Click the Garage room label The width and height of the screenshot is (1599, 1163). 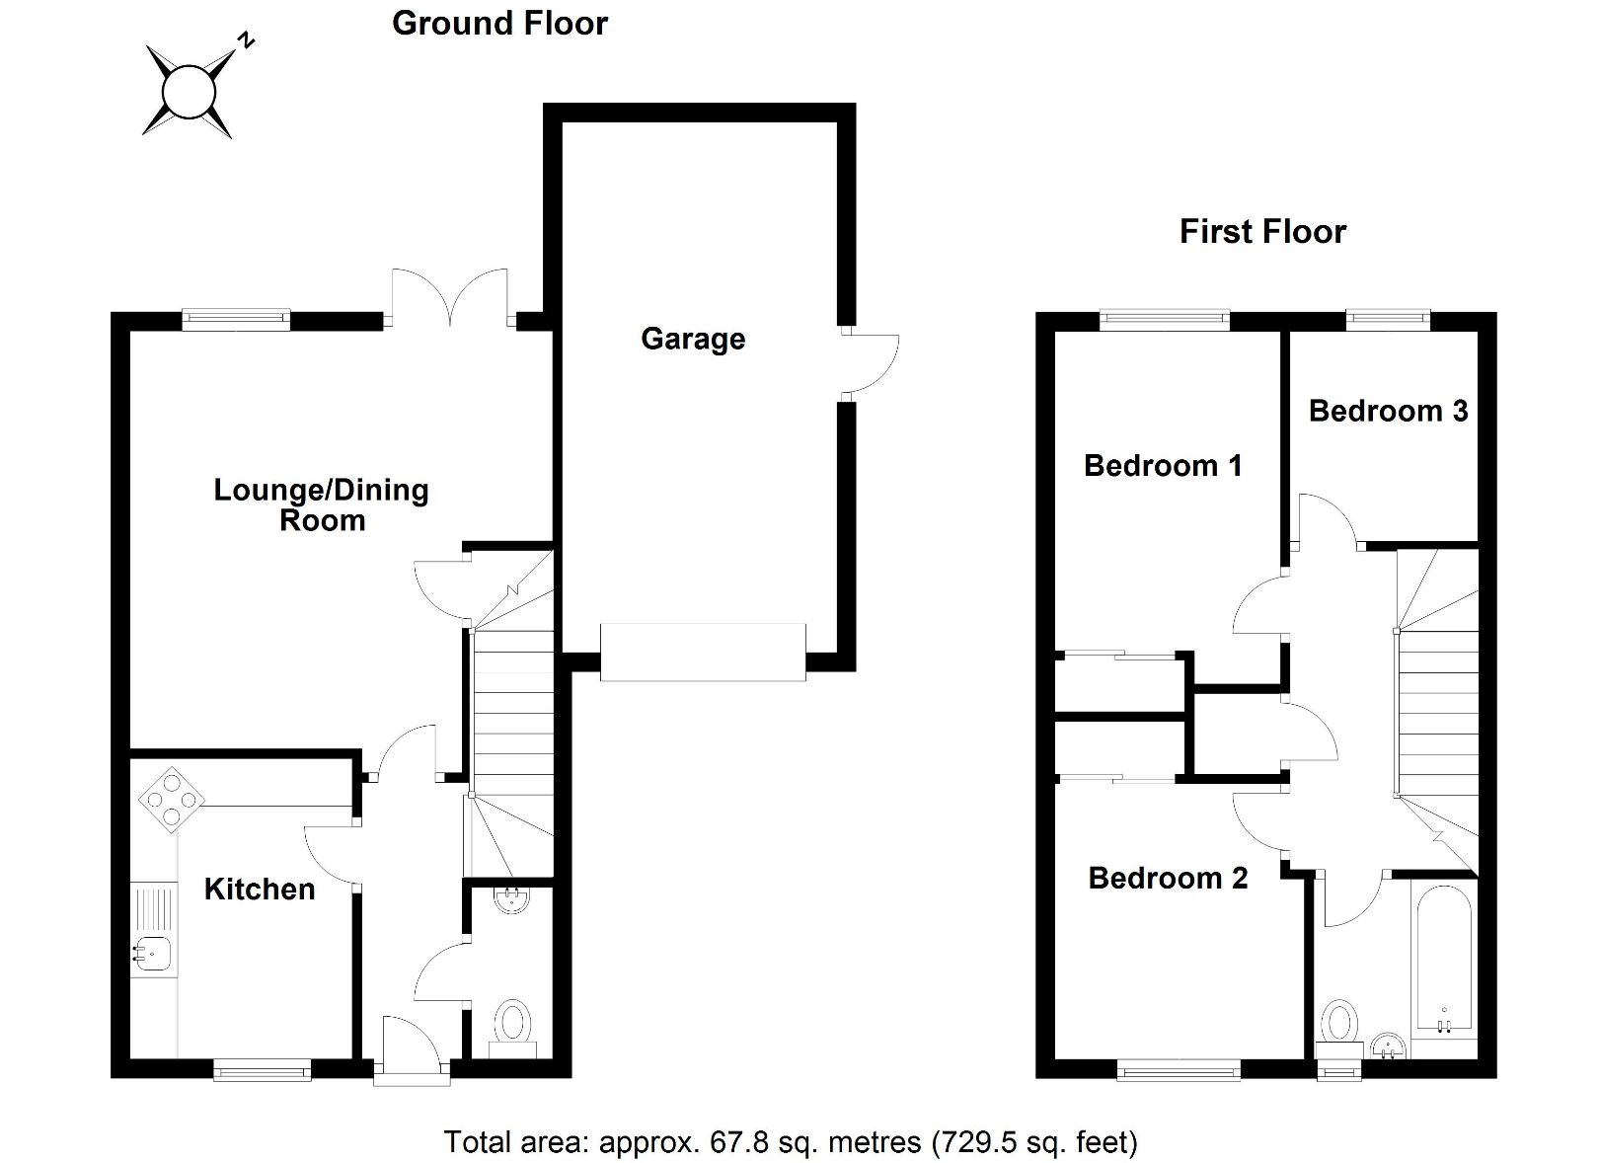(692, 339)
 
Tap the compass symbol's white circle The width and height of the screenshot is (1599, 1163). (188, 92)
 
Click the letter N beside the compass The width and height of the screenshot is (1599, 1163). (247, 40)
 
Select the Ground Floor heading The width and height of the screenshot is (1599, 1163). (499, 23)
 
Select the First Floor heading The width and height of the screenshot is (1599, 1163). (1262, 232)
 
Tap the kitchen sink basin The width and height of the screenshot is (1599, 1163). (153, 954)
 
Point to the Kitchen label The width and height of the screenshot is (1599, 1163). (260, 889)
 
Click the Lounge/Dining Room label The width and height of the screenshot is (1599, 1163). (322, 504)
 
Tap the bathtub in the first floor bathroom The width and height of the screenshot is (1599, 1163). (1442, 958)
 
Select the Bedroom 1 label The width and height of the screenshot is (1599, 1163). (1163, 465)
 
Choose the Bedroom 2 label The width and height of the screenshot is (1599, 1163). (1168, 878)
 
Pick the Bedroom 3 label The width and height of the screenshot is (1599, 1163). (1388, 411)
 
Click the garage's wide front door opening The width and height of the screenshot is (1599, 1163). (703, 652)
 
